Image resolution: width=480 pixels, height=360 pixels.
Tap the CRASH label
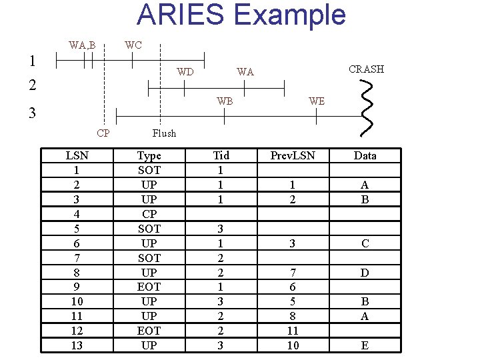[366, 69]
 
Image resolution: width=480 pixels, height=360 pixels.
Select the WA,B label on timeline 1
[82, 45]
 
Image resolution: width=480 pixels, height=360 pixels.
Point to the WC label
[133, 45]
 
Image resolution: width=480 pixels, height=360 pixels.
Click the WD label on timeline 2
[185, 72]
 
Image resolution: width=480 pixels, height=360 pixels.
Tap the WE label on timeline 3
[317, 101]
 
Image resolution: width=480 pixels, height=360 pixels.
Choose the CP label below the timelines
[103, 133]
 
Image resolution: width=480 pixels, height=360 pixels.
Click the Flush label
[164, 133]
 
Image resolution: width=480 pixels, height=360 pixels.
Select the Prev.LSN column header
[293, 155]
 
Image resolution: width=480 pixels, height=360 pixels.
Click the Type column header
[149, 155]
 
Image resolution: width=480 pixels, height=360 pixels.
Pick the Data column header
[365, 155]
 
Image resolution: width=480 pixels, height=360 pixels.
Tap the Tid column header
[221, 155]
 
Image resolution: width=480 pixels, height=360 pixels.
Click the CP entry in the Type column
[149, 214]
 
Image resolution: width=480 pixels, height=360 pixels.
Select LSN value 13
[77, 345]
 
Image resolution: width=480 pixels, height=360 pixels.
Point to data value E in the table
[365, 345]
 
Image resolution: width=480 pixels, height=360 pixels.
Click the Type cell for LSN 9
[149, 287]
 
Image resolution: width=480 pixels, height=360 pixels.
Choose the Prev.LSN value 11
[293, 330]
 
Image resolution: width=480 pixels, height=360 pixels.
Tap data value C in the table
[365, 243]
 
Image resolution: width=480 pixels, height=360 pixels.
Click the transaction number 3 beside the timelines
[32, 113]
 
